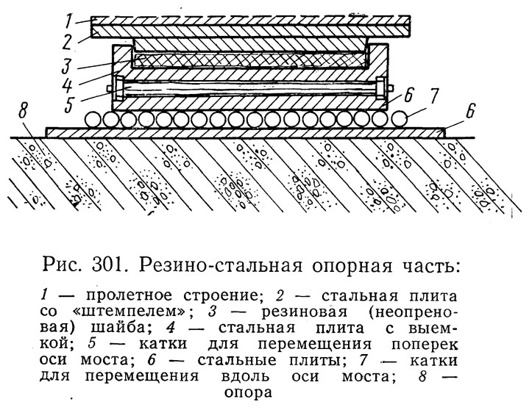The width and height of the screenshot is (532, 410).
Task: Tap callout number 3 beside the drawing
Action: tap(66, 65)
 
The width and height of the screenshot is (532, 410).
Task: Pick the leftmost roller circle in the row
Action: tap(92, 120)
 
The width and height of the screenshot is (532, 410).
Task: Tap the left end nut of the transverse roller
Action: tap(118, 89)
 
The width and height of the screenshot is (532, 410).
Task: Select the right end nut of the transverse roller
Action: tap(381, 89)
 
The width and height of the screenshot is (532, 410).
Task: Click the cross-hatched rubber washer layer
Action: tap(249, 61)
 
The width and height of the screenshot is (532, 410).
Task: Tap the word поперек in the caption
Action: tap(425, 345)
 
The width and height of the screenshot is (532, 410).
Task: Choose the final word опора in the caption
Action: tap(249, 393)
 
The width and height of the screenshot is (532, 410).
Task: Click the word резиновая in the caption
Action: tap(305, 312)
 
